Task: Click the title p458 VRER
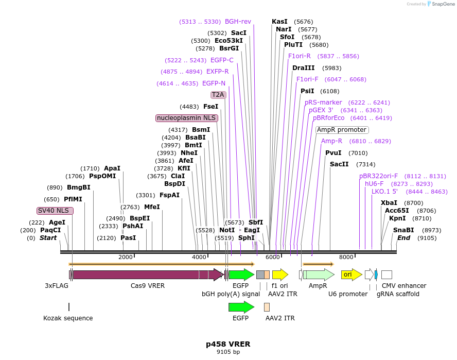(x=228, y=344)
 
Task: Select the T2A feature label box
(x=218, y=95)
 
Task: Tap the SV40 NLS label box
(x=56, y=211)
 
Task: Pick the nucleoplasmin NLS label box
(x=187, y=118)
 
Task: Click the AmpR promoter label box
(x=342, y=130)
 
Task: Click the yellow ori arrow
(x=351, y=275)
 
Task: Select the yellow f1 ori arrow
(x=279, y=275)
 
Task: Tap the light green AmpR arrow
(x=318, y=275)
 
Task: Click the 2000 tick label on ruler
(x=126, y=257)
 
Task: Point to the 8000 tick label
(x=346, y=257)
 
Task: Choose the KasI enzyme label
(x=279, y=22)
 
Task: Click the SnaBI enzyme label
(x=403, y=230)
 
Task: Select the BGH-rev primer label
(x=238, y=22)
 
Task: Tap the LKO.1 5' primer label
(x=384, y=192)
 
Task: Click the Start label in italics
(x=48, y=238)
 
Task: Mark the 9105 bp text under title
(x=228, y=352)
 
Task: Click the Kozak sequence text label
(x=68, y=318)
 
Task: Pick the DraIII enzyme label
(x=303, y=68)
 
